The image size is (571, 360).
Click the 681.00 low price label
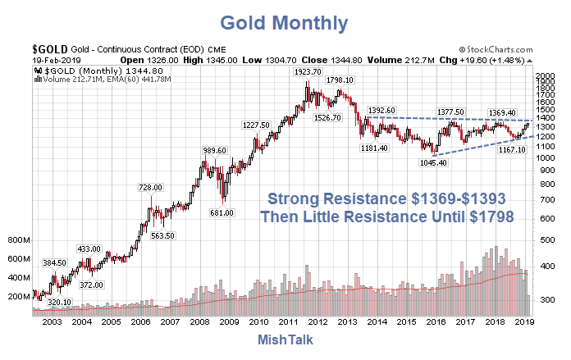click(222, 212)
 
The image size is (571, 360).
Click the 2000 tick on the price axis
click(545, 75)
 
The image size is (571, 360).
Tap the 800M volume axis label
click(18, 240)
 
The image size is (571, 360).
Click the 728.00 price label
click(148, 188)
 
